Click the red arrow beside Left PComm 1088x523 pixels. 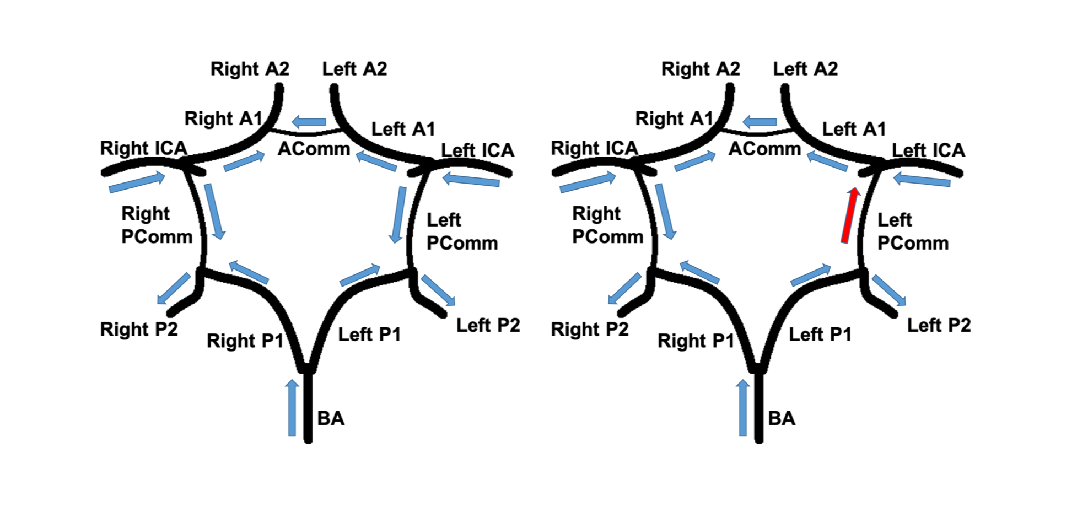(x=849, y=215)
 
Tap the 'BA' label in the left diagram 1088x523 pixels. (x=331, y=419)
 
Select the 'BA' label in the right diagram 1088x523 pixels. (x=782, y=419)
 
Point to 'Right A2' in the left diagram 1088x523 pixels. (x=250, y=69)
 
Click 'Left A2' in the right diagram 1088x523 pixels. (x=805, y=69)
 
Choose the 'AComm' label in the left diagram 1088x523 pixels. (x=314, y=149)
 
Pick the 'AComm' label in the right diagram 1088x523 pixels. (x=764, y=149)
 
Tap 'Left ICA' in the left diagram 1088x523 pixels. (x=477, y=150)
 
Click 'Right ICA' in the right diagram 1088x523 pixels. (x=594, y=148)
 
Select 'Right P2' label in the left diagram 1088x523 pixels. (x=139, y=330)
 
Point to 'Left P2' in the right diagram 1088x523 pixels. (x=939, y=325)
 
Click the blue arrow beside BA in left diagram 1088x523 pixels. (x=292, y=408)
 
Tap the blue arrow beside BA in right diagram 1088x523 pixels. (x=743, y=408)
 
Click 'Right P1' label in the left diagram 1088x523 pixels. (x=245, y=341)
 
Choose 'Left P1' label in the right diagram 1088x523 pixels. (x=820, y=335)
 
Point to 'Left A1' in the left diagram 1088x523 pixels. (x=403, y=130)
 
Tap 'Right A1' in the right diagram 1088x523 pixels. (x=674, y=119)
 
